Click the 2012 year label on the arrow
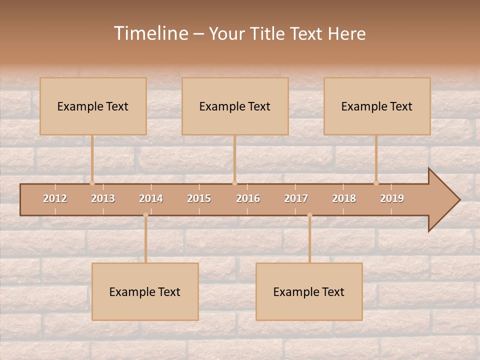click(x=55, y=198)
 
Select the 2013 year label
click(x=103, y=198)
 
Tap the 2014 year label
click(x=151, y=198)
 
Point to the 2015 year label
click(x=199, y=198)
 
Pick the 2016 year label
click(x=248, y=198)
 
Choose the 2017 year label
click(x=296, y=198)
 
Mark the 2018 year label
click(x=344, y=198)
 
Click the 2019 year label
click(x=392, y=198)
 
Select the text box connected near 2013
click(x=93, y=106)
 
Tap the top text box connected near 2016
click(x=235, y=106)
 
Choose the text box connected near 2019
click(x=377, y=106)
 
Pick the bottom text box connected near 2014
click(x=145, y=291)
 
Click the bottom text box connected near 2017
click(x=309, y=291)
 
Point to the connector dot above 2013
click(x=92, y=183)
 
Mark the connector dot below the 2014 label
click(x=145, y=215)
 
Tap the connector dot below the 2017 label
click(x=309, y=215)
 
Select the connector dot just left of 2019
click(x=376, y=183)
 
